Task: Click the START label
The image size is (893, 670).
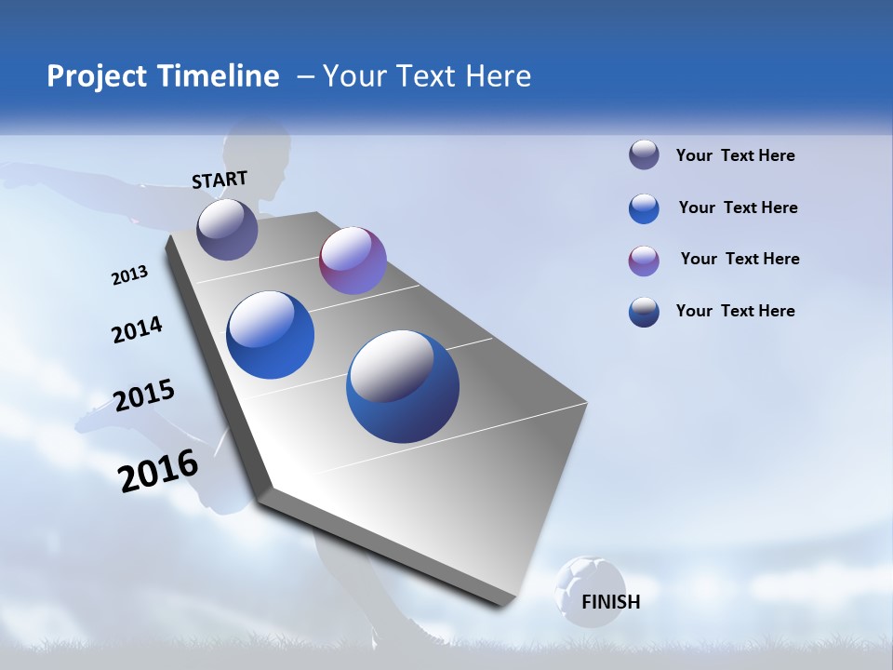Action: coord(220,180)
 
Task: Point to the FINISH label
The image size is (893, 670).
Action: coord(610,602)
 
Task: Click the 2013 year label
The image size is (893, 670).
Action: coord(129,275)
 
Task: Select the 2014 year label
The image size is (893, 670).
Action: coord(137,330)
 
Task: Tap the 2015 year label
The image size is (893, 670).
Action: coord(144,395)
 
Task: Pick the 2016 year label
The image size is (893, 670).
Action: coord(158,470)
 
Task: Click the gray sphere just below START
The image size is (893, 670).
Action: coord(227,229)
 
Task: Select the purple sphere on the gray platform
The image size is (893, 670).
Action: coord(353,261)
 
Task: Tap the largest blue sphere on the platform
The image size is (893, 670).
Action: coord(403,386)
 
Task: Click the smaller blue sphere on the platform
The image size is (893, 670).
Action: coord(270,335)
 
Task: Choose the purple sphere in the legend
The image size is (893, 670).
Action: coord(644,261)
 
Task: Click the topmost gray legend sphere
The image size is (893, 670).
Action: coord(644,155)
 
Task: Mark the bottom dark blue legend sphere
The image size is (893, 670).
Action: coord(644,312)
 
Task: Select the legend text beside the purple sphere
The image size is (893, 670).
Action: coord(740,259)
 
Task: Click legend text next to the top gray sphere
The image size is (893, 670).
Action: coord(735,155)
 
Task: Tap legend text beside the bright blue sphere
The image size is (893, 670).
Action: coord(738,208)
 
